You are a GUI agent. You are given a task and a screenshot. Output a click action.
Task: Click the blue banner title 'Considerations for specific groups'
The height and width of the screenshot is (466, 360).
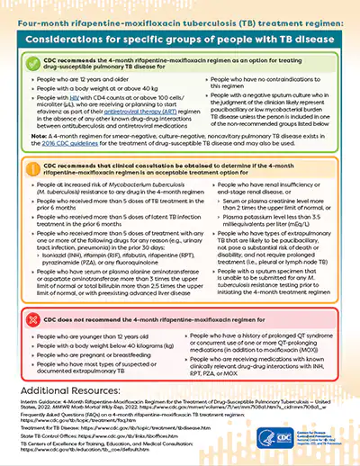point(180,34)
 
